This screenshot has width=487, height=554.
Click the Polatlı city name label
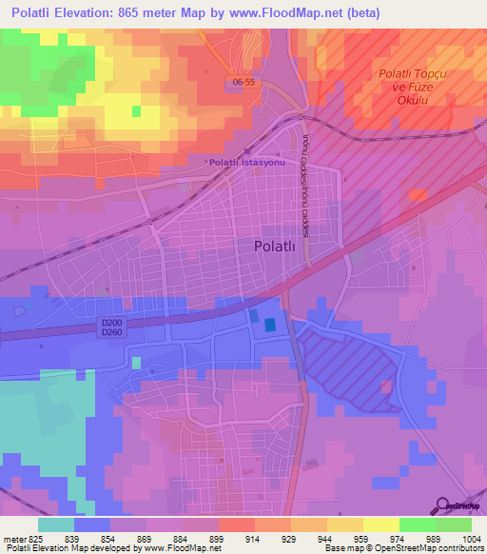tap(281, 246)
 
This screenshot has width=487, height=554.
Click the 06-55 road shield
tap(243, 83)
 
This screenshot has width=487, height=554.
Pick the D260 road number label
tap(112, 333)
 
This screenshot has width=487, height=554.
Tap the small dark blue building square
tap(270, 325)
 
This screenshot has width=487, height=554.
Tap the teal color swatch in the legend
tap(56, 524)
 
